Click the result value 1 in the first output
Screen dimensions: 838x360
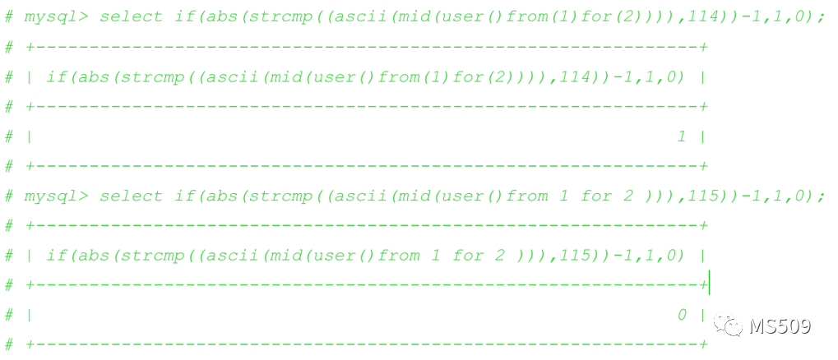[681, 136]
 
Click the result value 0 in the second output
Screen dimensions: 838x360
[681, 315]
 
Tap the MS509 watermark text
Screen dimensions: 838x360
[780, 326]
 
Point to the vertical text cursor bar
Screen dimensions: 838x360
[708, 284]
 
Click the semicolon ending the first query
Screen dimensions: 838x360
[822, 17]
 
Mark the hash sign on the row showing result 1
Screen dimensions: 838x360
[9, 136]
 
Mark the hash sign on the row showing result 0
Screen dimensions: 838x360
[9, 315]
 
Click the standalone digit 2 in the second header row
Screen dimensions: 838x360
[499, 255]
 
